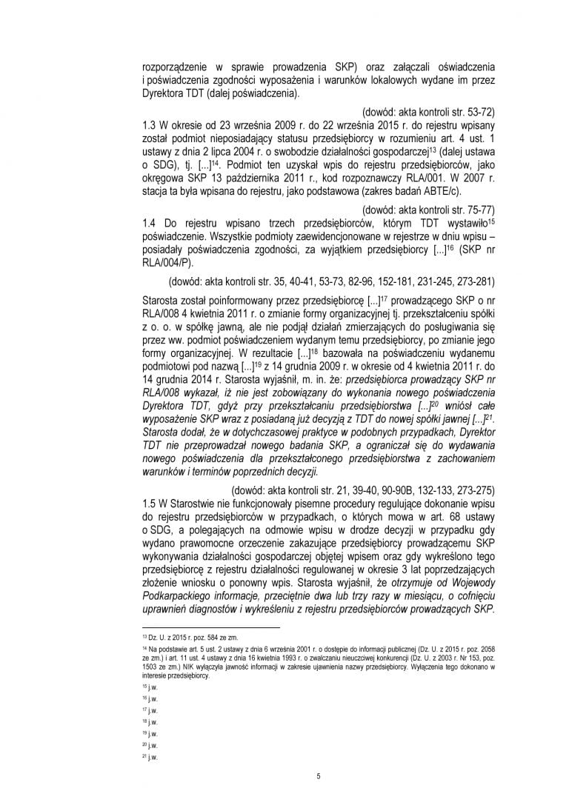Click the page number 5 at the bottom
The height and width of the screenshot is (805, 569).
tap(317, 775)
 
